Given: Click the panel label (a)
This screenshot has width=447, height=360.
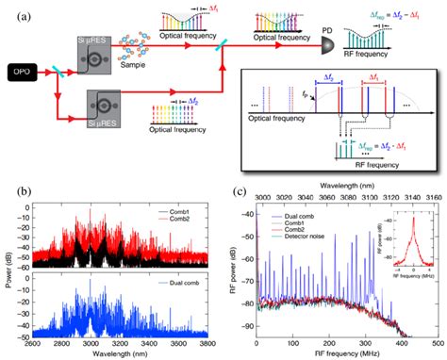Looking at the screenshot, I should [x=12, y=11].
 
